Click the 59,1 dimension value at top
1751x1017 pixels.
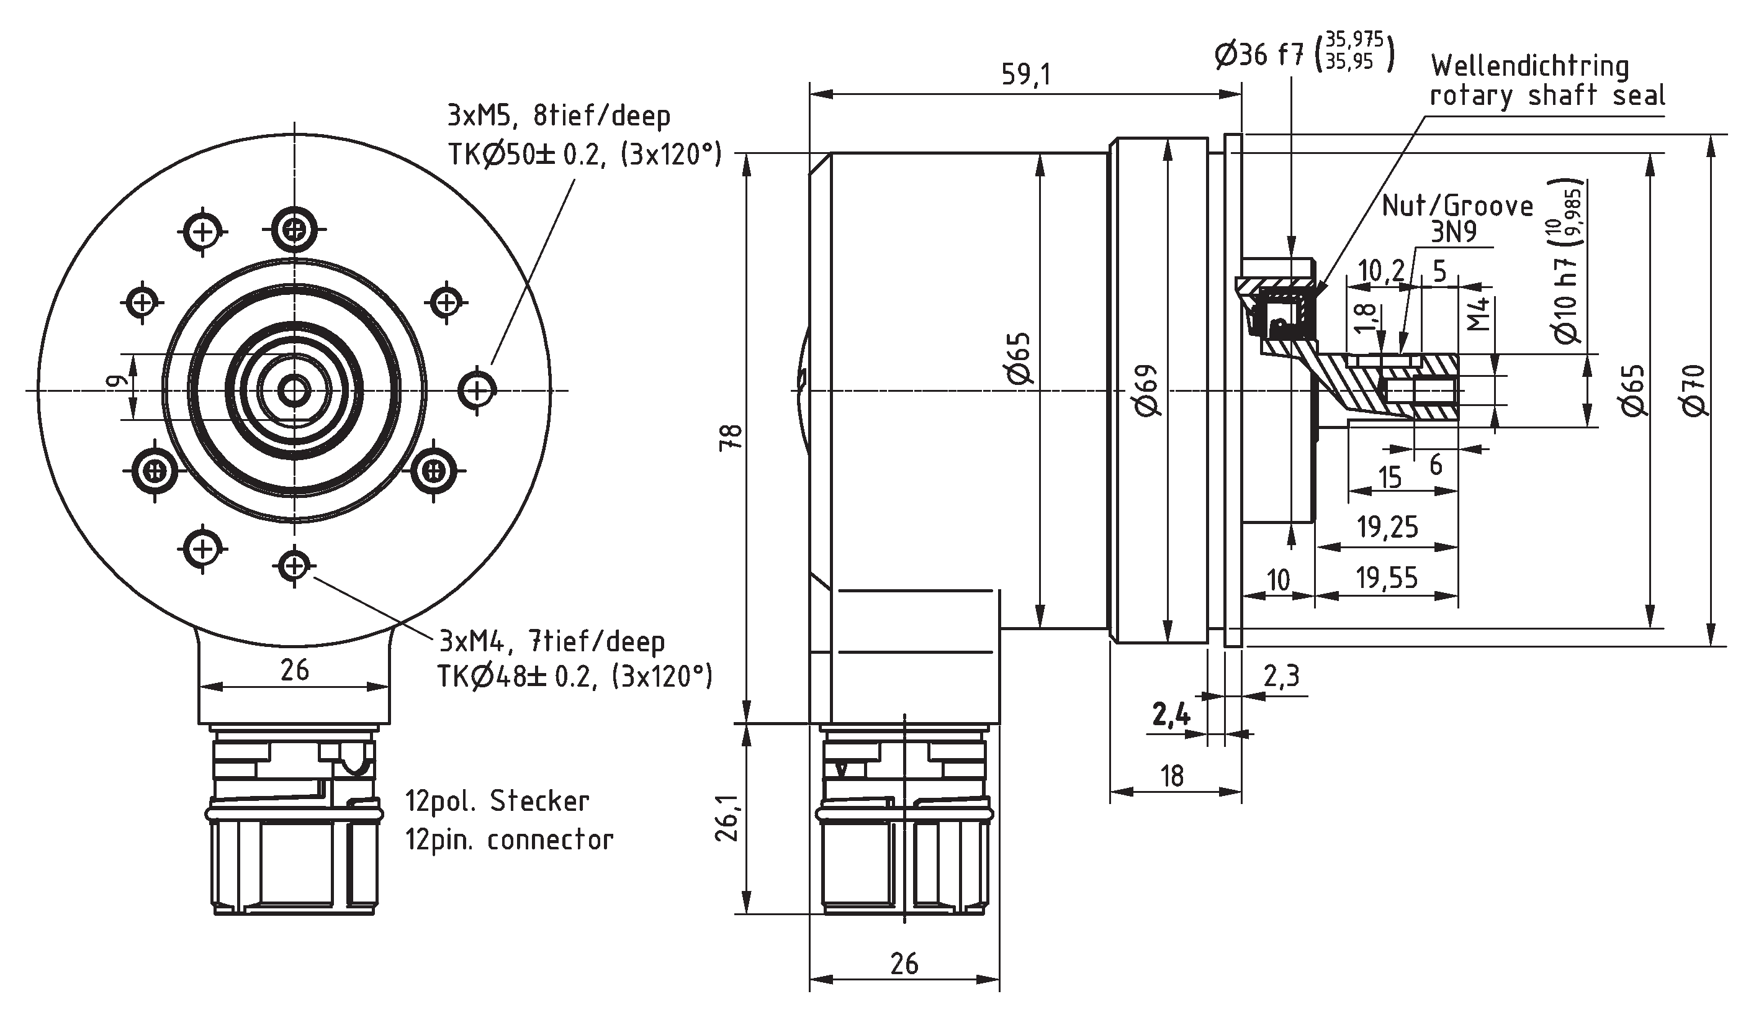1025,75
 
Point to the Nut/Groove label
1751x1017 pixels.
1457,206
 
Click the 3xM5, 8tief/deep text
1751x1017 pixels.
559,115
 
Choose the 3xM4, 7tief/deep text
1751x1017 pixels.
552,641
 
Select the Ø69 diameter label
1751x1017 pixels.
1147,390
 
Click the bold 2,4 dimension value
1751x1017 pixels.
1171,715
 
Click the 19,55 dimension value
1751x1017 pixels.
1387,577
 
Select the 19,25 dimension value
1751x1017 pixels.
1387,528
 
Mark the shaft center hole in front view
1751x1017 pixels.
295,391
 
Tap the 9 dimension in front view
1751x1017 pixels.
118,381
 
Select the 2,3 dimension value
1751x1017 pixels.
1281,676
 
